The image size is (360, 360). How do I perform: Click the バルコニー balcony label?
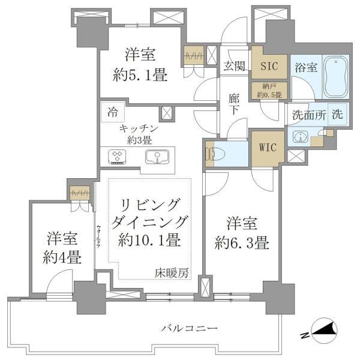pos(189,328)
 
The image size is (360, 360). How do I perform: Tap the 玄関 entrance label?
pos(234,67)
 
